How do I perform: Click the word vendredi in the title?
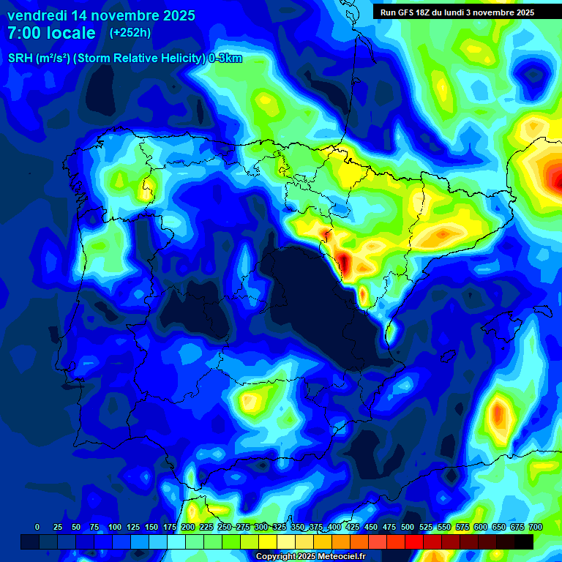point(37,15)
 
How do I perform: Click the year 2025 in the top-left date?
point(173,15)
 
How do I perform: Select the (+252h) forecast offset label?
point(130,33)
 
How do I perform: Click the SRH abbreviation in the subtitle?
point(20,59)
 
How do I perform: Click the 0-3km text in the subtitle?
point(225,59)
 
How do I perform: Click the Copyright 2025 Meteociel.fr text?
point(310,557)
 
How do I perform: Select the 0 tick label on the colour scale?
point(37,527)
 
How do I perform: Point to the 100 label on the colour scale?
point(114,527)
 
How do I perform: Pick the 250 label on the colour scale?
point(224,527)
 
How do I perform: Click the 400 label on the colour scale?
point(334,527)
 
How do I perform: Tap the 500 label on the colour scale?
point(407,527)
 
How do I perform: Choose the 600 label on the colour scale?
point(480,527)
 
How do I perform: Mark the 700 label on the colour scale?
point(535,527)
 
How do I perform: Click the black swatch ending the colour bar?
point(524,542)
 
